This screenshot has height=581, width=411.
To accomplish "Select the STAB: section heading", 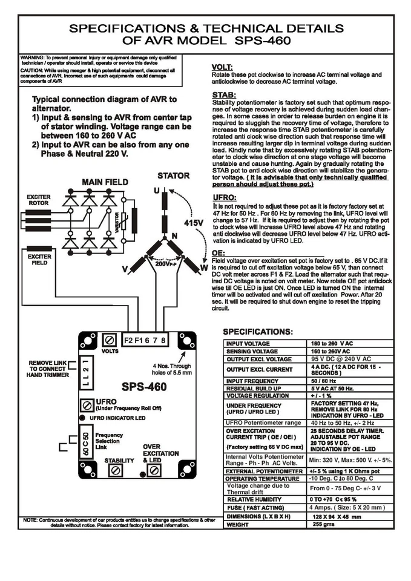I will pyautogui.click(x=224, y=95).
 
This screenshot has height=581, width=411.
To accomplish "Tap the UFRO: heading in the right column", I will pyautogui.click(x=225, y=198).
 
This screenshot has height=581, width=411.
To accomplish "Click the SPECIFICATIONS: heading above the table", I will pyautogui.click(x=258, y=332).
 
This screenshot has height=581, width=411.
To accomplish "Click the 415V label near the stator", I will pyautogui.click(x=194, y=223).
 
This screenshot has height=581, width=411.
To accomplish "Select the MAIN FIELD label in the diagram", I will pyautogui.click(x=104, y=182).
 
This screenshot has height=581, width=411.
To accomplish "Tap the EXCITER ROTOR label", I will pyautogui.click(x=39, y=200).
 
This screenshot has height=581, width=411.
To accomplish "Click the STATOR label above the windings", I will pyautogui.click(x=173, y=176).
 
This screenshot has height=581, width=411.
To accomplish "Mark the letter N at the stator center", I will pyautogui.click(x=174, y=235).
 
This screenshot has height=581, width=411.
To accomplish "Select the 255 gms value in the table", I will pyautogui.click(x=324, y=525).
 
